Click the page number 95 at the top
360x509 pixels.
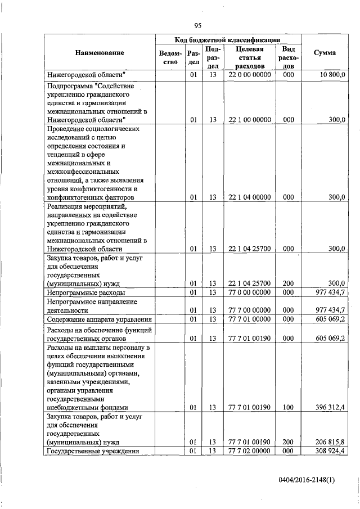point(197,25)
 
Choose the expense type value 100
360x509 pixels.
point(289,408)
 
